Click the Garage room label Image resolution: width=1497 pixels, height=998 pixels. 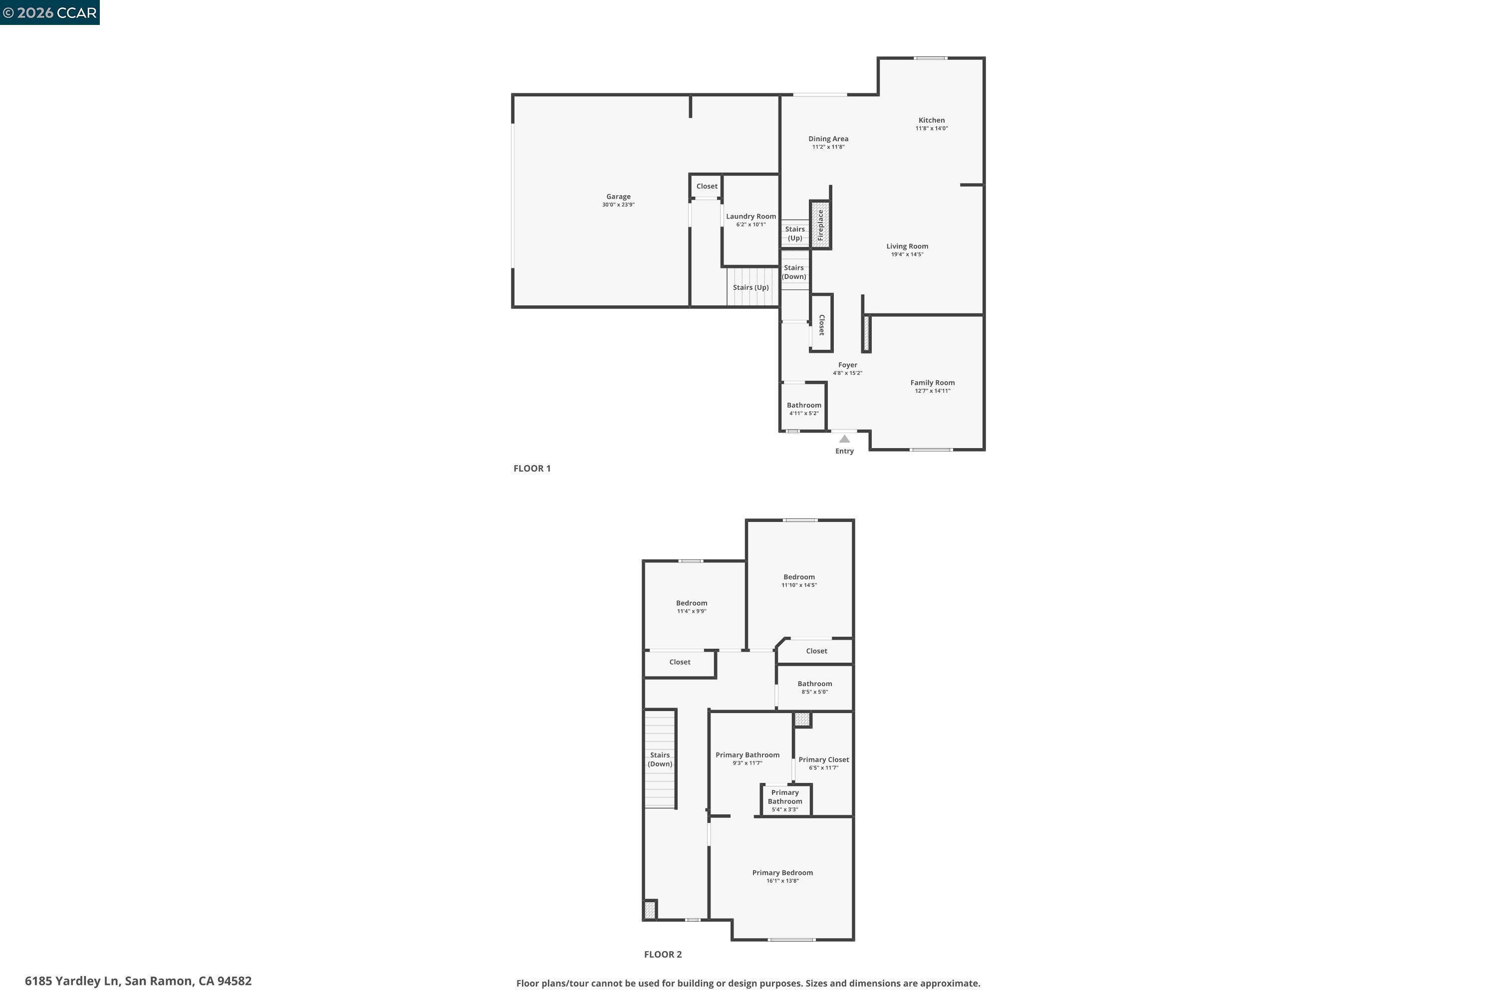point(618,197)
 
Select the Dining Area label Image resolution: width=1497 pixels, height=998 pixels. point(828,139)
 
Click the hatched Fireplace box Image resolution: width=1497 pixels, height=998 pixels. point(820,225)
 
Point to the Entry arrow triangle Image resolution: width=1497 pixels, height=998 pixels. point(844,439)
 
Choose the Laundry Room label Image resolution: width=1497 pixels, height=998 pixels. point(750,217)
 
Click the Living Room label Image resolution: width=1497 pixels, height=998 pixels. point(907,247)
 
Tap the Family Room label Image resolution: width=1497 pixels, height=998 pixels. point(932,383)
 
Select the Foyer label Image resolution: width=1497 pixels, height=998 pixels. point(847,365)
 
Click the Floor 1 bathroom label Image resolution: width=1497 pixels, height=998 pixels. point(804,405)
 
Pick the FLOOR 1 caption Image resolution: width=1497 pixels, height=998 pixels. point(532,469)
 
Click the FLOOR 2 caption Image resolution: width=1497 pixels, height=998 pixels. point(663,954)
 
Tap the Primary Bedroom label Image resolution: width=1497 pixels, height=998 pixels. point(782,873)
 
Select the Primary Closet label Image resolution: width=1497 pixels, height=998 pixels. point(824,759)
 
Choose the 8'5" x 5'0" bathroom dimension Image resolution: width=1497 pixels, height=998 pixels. point(815,692)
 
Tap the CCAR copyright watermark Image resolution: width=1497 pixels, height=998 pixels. point(49,13)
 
